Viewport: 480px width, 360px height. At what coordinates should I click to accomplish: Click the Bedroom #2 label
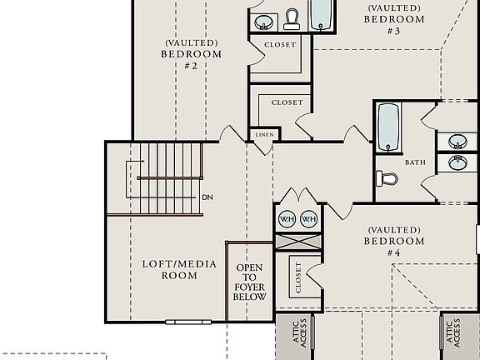(192, 54)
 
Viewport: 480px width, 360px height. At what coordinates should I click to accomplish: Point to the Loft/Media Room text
(179, 269)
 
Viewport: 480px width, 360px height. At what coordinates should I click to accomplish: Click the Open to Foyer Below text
(251, 283)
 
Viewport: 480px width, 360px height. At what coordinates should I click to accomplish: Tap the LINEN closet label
(263, 134)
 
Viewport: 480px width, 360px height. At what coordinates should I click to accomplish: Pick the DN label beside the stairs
(207, 197)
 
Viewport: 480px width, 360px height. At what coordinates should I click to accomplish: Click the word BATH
(415, 163)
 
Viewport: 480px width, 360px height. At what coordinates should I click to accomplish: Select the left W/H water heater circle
(287, 218)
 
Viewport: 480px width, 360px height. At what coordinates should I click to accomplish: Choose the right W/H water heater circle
(309, 218)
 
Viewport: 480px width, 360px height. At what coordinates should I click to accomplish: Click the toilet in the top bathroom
(292, 18)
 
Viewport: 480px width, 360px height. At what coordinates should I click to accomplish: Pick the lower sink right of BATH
(457, 162)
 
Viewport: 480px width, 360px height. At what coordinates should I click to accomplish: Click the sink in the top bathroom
(263, 22)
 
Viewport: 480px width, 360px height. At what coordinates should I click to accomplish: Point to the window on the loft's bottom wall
(182, 321)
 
